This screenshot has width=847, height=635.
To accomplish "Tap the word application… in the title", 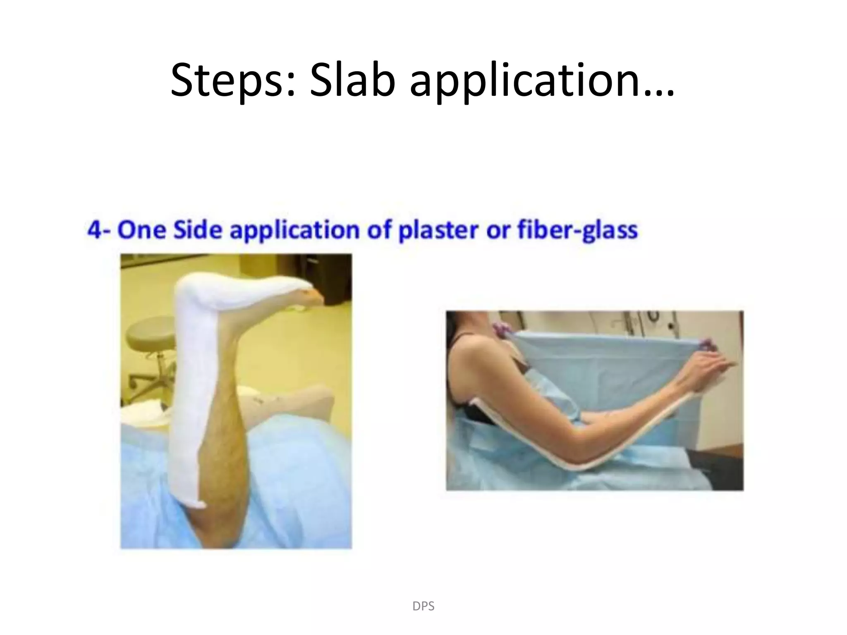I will tap(542, 83).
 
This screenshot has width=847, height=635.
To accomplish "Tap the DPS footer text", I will tap(423, 606).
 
